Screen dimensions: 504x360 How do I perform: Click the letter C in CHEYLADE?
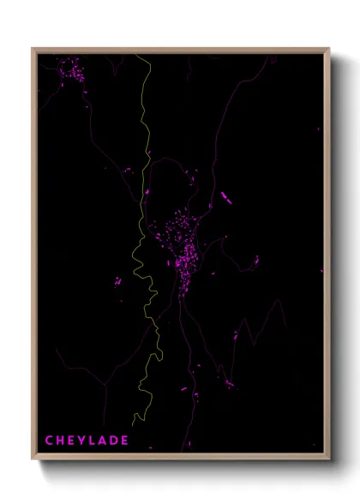point(49,441)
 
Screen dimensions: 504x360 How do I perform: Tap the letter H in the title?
point(61,441)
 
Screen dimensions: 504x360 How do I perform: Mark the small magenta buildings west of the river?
point(119,279)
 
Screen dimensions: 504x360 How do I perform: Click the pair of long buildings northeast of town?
point(226,199)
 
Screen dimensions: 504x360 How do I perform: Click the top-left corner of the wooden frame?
point(33,49)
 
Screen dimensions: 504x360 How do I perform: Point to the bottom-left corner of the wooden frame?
point(33,459)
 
